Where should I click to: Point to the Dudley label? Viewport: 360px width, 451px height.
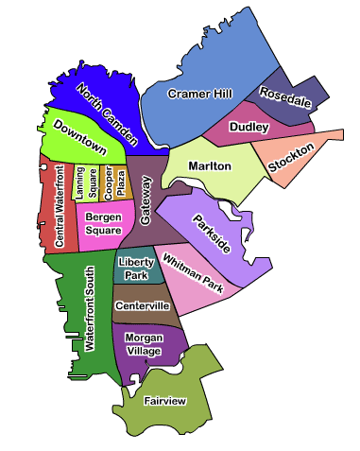(249, 126)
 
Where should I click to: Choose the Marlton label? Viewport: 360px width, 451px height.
(210, 165)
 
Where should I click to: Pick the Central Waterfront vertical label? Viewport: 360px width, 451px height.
(59, 206)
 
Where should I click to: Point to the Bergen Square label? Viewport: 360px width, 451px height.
(102, 223)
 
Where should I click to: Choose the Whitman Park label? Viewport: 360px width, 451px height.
(193, 273)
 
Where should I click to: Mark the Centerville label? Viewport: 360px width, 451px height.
(142, 306)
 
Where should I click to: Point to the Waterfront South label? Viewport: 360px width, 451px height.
(90, 310)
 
